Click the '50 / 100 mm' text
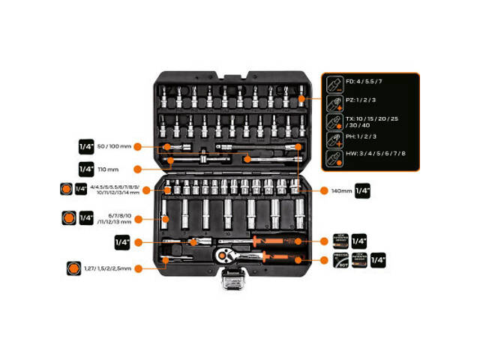pos(115,146)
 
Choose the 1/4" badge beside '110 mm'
pos(86,169)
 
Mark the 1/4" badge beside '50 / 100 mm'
pos(86,146)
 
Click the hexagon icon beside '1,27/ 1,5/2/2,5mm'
pos(73,268)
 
